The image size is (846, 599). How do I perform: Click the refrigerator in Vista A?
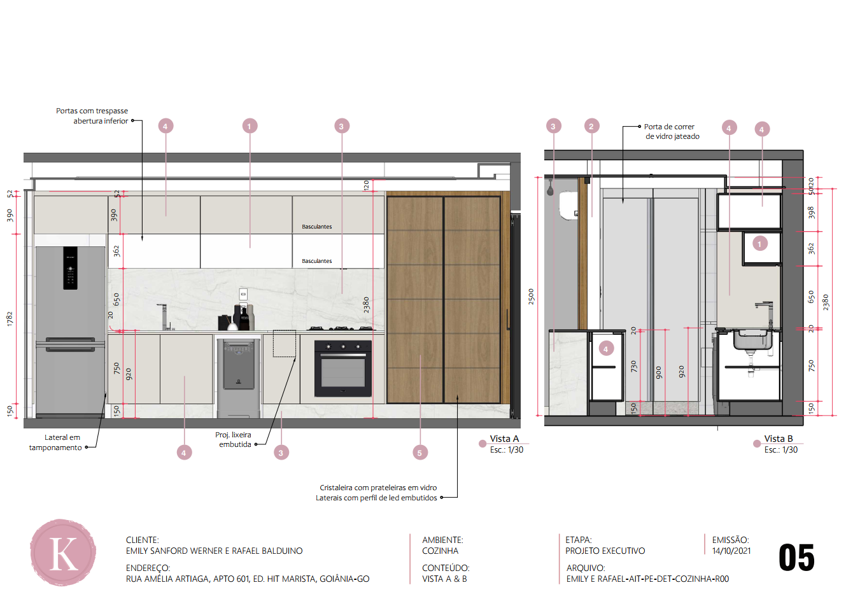tap(70, 332)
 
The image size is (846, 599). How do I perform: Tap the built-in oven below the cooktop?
tap(343, 368)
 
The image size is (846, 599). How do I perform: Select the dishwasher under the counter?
tap(238, 377)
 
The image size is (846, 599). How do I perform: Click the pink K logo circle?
tap(63, 552)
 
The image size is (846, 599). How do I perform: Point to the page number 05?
tap(796, 558)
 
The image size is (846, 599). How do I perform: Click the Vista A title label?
tap(504, 439)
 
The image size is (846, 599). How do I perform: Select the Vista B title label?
tap(779, 439)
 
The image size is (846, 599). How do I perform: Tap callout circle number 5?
tap(420, 453)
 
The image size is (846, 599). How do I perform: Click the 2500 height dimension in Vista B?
tap(531, 297)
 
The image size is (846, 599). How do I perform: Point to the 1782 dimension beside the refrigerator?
tap(10, 319)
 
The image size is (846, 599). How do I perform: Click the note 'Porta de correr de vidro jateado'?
tap(672, 131)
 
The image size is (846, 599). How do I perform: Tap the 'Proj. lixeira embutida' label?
tap(234, 440)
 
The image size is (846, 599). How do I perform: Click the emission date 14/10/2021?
tap(731, 551)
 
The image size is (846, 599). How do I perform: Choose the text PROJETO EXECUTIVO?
tap(605, 551)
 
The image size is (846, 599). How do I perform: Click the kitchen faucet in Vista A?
tap(164, 316)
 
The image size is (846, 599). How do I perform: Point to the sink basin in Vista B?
tap(752, 339)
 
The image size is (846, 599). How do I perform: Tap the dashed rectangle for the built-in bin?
tap(285, 343)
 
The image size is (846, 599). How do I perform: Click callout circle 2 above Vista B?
tap(591, 126)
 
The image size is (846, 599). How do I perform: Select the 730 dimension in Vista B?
tap(633, 366)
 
